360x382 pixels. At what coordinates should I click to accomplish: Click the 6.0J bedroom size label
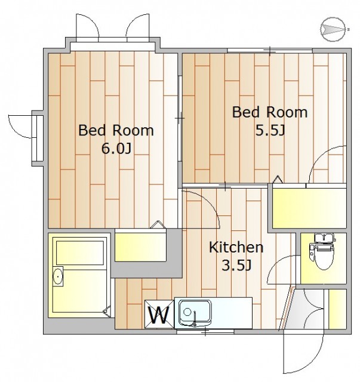(x=116, y=149)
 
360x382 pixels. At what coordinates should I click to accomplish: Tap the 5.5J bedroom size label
(x=270, y=130)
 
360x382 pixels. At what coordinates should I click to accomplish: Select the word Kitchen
(x=236, y=247)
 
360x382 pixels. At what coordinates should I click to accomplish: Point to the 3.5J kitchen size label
(x=236, y=265)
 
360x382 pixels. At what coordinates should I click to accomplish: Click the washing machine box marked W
(x=159, y=315)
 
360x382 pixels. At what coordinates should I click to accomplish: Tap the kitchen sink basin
(x=195, y=313)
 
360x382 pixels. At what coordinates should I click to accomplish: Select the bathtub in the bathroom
(x=80, y=252)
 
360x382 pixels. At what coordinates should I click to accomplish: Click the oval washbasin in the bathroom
(x=58, y=276)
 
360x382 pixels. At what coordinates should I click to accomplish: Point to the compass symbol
(x=333, y=29)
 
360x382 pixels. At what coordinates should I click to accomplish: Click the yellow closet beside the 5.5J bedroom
(x=309, y=208)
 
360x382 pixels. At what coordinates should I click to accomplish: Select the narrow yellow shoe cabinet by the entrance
(x=337, y=309)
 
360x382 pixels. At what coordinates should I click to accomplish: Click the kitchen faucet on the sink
(x=195, y=319)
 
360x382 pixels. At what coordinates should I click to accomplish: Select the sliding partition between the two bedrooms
(x=180, y=118)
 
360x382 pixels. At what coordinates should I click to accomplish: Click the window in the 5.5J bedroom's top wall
(x=270, y=51)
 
